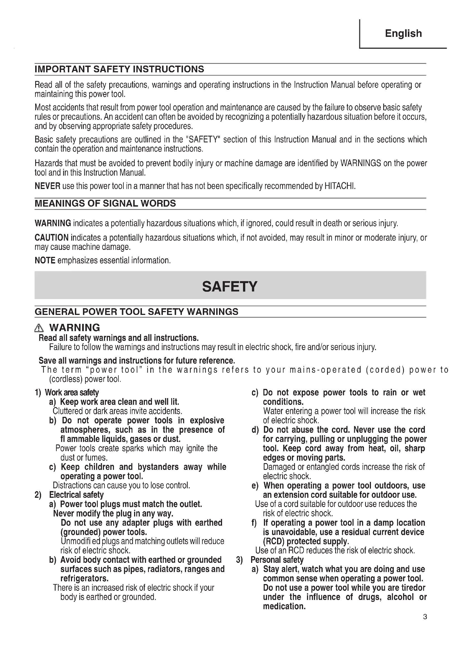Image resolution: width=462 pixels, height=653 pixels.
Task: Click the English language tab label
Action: tap(403, 34)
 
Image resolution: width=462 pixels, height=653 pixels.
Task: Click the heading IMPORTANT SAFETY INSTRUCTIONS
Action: tap(119, 69)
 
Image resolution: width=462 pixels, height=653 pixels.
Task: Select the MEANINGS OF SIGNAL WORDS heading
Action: tap(105, 203)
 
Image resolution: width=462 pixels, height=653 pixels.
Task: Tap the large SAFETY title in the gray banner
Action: tap(230, 286)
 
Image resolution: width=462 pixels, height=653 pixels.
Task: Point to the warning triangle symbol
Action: tap(39, 329)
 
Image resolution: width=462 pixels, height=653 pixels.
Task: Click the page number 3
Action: tap(425, 617)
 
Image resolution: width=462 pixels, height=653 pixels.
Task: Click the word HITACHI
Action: tap(340, 186)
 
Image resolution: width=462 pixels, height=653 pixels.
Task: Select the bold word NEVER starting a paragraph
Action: tap(47, 186)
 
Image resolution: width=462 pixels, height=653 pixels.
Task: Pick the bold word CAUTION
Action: tap(51, 238)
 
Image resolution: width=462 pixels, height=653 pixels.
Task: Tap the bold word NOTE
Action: tap(45, 260)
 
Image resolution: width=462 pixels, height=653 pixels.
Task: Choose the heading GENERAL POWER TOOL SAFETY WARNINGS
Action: tap(136, 312)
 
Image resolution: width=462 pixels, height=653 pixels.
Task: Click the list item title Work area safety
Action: tap(72, 393)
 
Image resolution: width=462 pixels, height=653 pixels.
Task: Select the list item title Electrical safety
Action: tap(76, 495)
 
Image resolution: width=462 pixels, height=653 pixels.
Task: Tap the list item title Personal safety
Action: tap(277, 560)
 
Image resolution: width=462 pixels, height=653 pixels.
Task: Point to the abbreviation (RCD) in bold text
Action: tap(274, 541)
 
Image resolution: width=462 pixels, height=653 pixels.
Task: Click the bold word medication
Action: tap(284, 606)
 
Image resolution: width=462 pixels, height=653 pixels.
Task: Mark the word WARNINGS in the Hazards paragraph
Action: tap(360, 163)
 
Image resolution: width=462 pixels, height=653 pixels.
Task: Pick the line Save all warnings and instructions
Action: tap(137, 361)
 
